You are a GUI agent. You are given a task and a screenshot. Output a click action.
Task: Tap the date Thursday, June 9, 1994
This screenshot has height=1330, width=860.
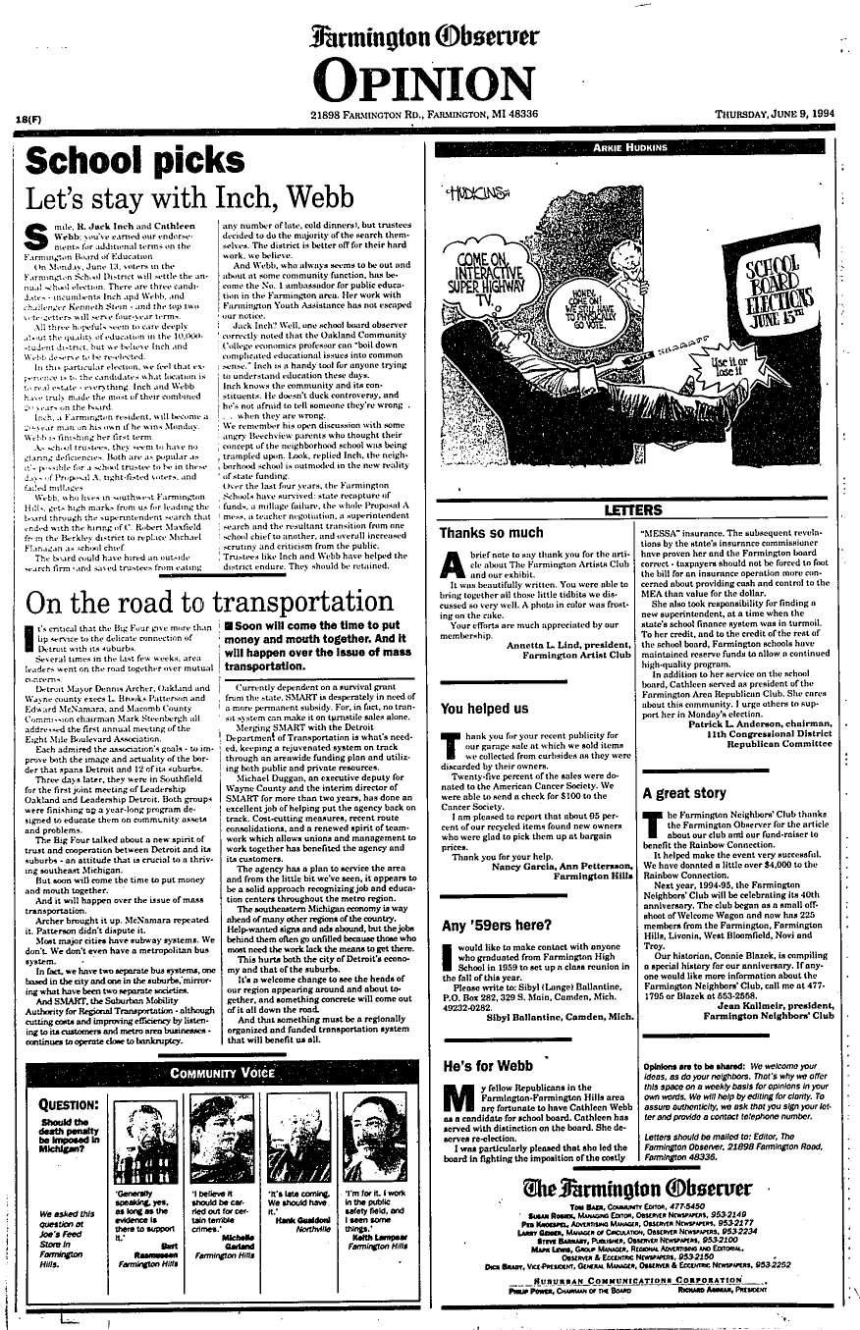774,115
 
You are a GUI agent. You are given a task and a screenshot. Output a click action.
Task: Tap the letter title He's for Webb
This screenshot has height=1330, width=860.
488,1065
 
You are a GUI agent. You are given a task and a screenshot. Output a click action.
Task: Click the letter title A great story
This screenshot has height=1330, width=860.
683,792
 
